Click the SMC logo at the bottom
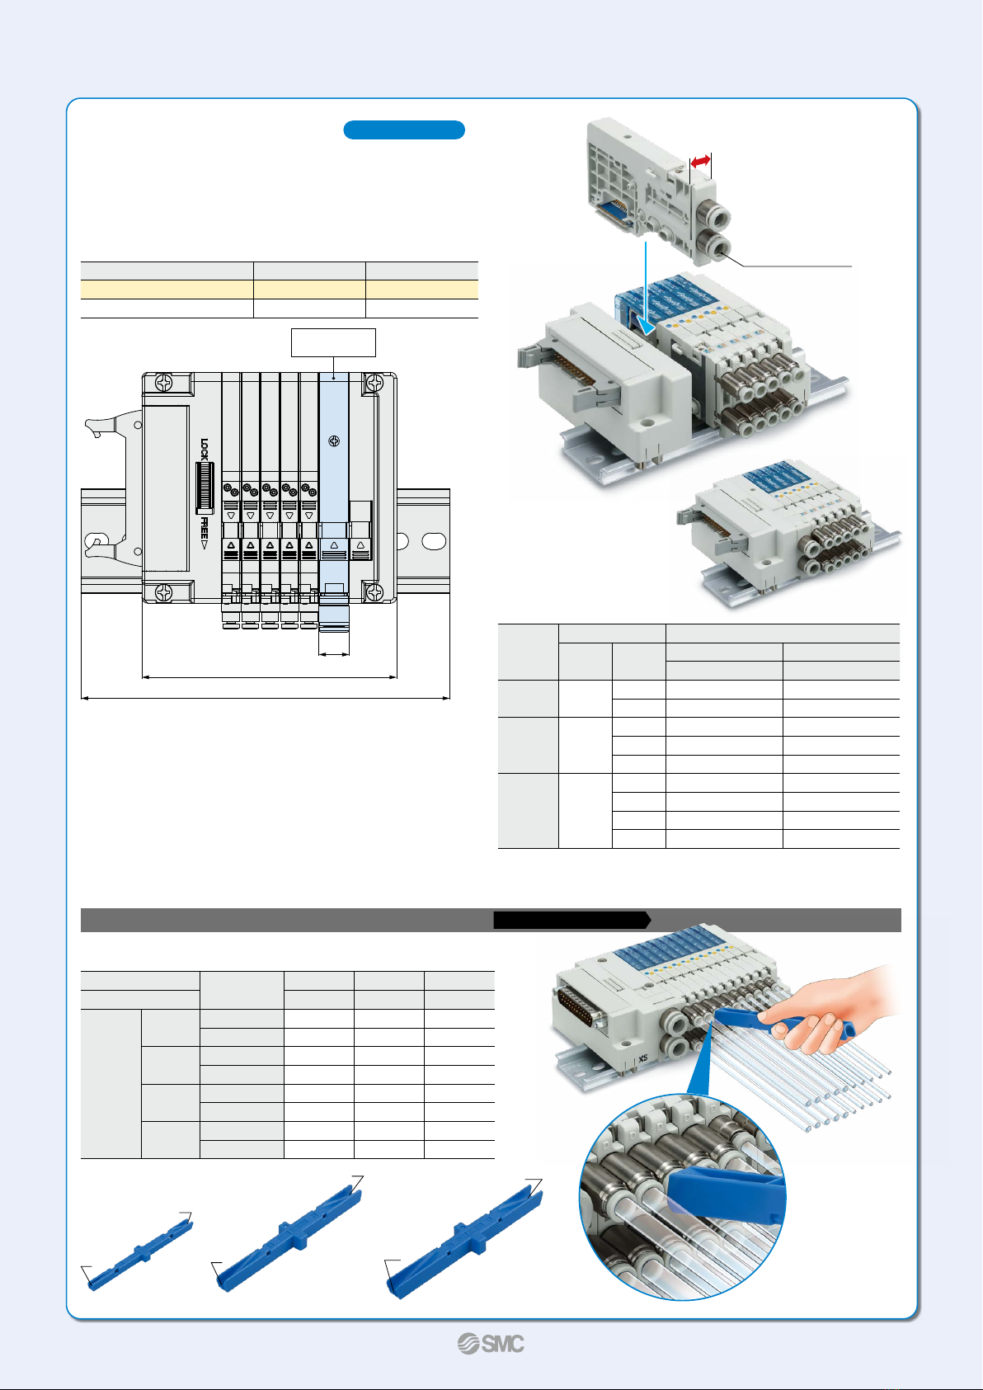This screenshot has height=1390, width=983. pyautogui.click(x=491, y=1344)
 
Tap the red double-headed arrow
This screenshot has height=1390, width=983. pyautogui.click(x=701, y=162)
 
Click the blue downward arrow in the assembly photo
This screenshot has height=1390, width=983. pyautogui.click(x=647, y=290)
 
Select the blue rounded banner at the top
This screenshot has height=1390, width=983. pyautogui.click(x=404, y=130)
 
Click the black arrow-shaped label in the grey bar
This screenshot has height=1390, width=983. pyautogui.click(x=571, y=920)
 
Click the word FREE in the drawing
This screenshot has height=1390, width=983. pyautogui.click(x=204, y=529)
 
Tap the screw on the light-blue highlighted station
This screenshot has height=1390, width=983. pyautogui.click(x=334, y=441)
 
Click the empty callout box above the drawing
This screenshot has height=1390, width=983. pyautogui.click(x=334, y=342)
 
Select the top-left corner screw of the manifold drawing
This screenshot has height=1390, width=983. pyautogui.click(x=164, y=383)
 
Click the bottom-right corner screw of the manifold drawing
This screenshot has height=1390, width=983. pyautogui.click(x=374, y=592)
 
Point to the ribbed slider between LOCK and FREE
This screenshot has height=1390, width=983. pyautogui.click(x=205, y=488)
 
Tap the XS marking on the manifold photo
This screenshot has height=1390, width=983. pyautogui.click(x=643, y=1058)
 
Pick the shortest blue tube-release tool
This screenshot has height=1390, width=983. pyautogui.click(x=139, y=1251)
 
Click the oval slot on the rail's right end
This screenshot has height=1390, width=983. pyautogui.click(x=434, y=541)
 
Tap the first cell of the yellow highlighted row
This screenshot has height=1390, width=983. pyautogui.click(x=167, y=290)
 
